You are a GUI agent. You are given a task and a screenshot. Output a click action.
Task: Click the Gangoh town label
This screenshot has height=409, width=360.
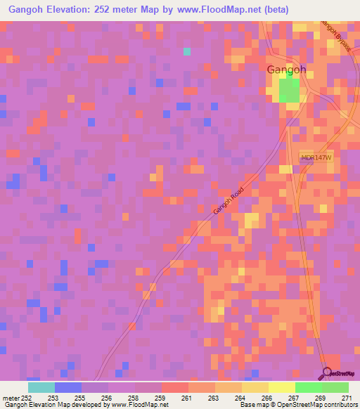coord(286,70)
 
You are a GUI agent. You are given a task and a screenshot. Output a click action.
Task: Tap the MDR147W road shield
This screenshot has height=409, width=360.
coord(315,159)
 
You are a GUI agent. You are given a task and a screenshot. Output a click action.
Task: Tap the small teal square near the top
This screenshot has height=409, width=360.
coord(187,51)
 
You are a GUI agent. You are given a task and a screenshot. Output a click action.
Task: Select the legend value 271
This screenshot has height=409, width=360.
coord(347,398)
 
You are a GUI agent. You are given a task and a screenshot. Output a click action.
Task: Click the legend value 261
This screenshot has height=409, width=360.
coord(188,398)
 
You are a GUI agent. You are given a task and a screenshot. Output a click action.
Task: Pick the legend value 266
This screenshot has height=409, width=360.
coord(267,398)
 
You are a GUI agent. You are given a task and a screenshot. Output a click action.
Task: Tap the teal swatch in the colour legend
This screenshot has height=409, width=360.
coord(41,387)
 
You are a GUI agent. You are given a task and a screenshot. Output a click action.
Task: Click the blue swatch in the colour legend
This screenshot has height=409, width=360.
coord(67,387)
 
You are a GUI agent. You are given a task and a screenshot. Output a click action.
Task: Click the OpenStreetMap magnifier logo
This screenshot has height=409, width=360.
coord(327,372)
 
